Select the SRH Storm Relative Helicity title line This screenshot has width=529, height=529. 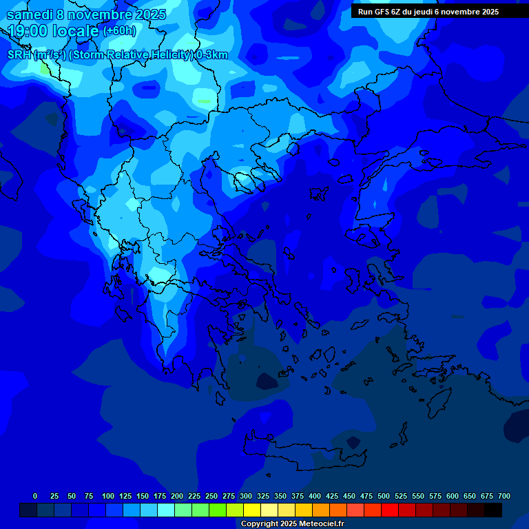click(117, 55)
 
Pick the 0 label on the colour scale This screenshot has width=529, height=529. click(35, 496)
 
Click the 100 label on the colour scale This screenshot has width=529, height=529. click(108, 496)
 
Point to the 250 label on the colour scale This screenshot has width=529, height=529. click(211, 496)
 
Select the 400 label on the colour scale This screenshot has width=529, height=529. click(315, 496)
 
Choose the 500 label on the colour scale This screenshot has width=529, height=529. click(384, 496)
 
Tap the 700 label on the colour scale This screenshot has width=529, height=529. click(504, 496)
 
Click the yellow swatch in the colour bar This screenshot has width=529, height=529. click(252, 510)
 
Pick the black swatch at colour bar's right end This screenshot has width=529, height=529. click(493, 510)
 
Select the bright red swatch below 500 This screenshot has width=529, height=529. click(390, 510)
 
